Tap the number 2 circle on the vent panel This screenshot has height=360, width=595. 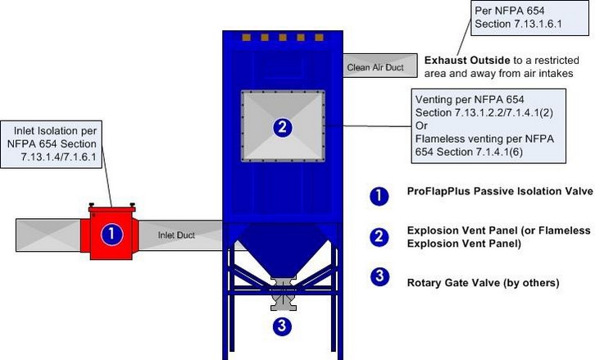pos(282,127)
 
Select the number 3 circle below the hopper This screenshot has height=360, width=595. pos(282,326)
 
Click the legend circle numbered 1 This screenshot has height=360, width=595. pos(379,194)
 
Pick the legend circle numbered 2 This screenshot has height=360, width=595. pos(379,237)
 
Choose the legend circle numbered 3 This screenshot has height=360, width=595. pos(379,276)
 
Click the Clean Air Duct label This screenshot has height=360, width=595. pos(375,67)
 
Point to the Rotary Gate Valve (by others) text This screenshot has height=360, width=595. pos(483,283)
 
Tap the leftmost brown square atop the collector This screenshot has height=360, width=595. pos(244,38)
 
